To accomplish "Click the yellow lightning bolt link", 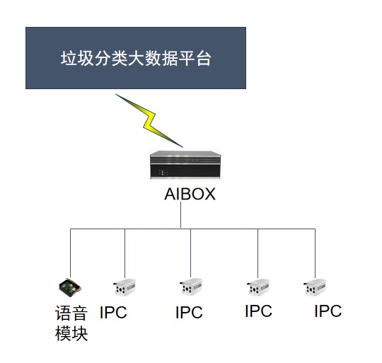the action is click(149, 120).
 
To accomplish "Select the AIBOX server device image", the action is click(185, 165).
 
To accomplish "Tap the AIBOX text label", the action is click(190, 194).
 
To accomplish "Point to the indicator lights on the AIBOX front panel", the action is click(163, 173).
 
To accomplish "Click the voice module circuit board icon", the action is click(70, 287).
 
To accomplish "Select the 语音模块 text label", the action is click(71, 323).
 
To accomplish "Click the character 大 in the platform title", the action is click(137, 59).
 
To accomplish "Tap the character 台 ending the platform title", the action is click(204, 59).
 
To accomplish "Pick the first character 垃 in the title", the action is click(69, 59).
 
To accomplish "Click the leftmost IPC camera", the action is click(125, 287).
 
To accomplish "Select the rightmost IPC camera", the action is click(315, 287).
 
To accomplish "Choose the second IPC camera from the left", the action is click(191, 287).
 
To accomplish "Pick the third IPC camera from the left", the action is click(258, 287).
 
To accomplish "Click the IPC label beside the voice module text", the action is click(113, 312).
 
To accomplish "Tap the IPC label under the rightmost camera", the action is click(328, 311).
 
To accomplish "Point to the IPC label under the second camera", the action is click(189, 312).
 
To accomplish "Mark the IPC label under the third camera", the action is click(258, 311).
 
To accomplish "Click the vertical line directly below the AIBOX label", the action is click(181, 215).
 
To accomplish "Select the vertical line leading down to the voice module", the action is click(71, 253).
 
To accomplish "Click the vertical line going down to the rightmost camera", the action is click(316, 253).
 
